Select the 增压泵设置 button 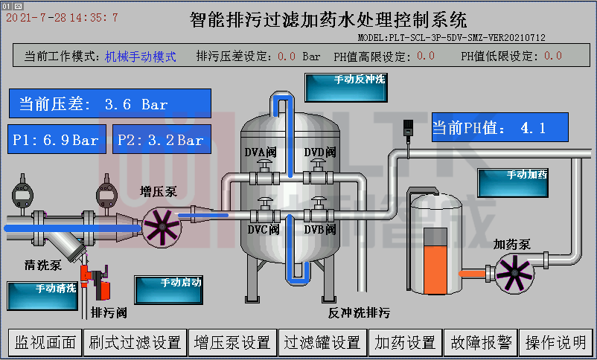[232, 342]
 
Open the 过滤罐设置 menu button [324, 342]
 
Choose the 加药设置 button [406, 342]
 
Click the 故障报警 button [481, 342]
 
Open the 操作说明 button [556, 342]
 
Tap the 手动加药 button [512, 183]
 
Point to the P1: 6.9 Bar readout [57, 140]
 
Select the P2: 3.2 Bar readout [162, 140]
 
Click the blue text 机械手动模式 [141, 57]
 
